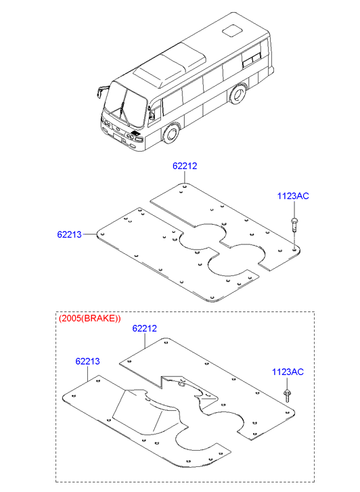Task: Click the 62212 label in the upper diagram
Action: click(185, 166)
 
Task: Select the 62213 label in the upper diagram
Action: click(70, 234)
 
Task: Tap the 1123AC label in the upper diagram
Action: click(293, 196)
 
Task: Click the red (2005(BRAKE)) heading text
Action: click(89, 319)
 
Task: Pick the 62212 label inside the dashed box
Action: click(144, 328)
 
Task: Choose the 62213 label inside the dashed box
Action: click(87, 361)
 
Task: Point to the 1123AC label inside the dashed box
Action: click(288, 372)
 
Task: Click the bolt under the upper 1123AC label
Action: click(294, 224)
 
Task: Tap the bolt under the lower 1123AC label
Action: click(286, 396)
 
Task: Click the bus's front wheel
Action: click(171, 133)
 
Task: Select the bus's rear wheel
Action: click(238, 93)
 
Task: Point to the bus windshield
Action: click(126, 106)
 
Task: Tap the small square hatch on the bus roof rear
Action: click(233, 30)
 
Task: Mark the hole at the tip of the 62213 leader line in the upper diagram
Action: click(102, 233)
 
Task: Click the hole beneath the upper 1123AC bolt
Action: click(294, 250)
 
